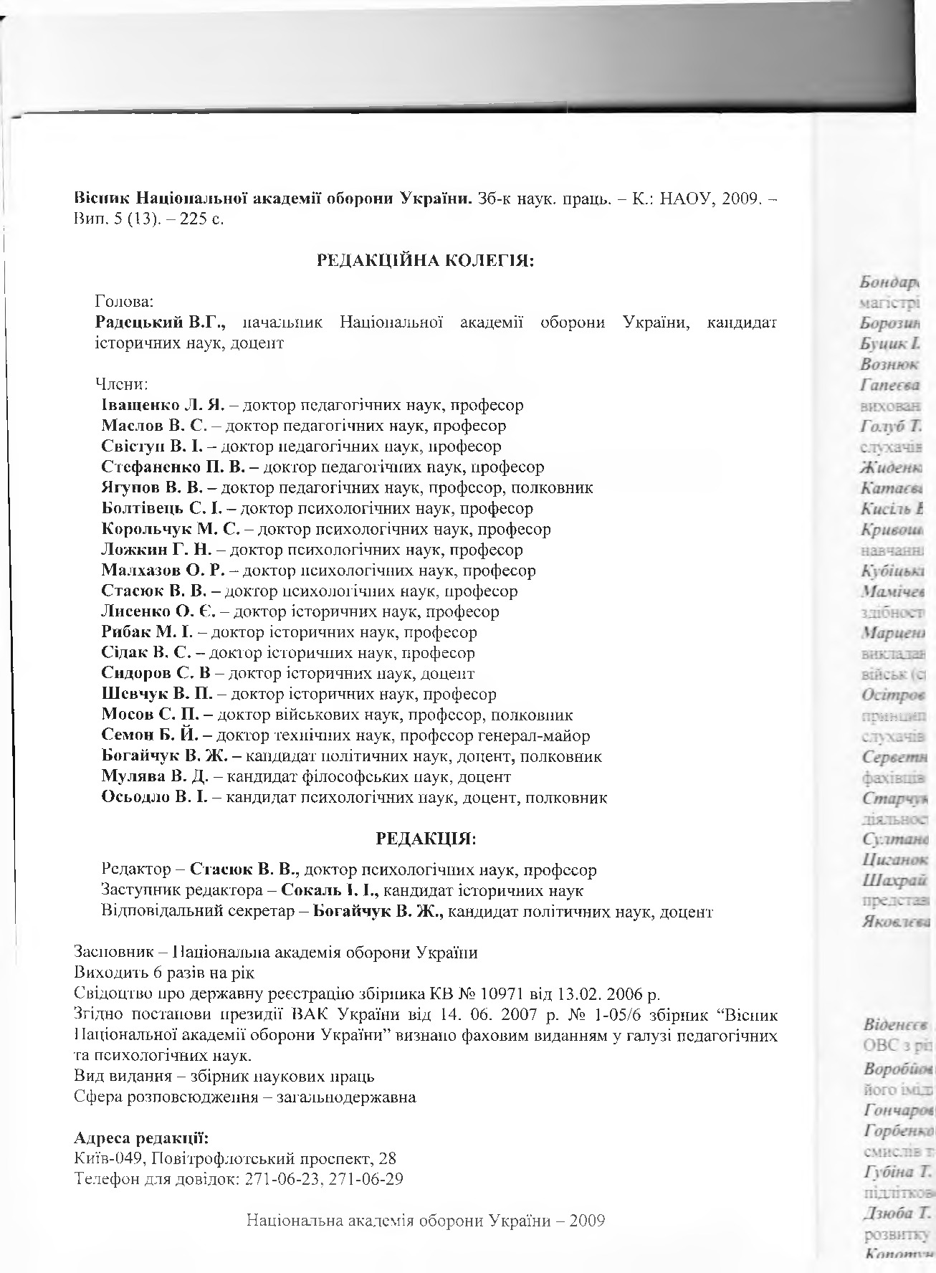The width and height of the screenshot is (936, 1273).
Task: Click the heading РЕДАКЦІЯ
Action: point(426,838)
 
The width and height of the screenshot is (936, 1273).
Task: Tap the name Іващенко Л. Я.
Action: point(163,405)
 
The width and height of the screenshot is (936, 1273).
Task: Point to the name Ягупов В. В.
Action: point(158,488)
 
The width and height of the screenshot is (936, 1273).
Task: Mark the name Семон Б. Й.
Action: point(156,736)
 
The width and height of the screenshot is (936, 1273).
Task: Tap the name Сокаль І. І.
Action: point(329,891)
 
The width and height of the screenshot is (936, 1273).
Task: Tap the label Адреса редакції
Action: point(140,1138)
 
